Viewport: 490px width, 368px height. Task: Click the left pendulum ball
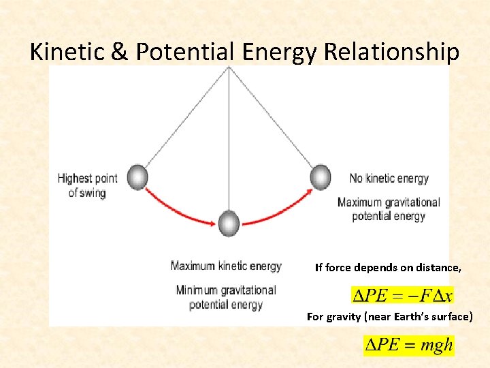(137, 177)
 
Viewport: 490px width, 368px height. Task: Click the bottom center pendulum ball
(229, 223)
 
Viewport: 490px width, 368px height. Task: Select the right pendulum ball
(320, 177)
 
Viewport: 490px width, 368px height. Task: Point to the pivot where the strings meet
(229, 67)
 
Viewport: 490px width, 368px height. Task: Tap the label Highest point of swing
(87, 185)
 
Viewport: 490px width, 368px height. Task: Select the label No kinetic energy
(389, 179)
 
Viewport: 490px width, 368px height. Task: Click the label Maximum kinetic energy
(226, 266)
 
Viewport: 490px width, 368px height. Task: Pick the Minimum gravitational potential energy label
(226, 297)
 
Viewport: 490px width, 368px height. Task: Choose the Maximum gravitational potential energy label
(389, 209)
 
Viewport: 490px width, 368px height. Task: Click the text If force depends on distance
(387, 268)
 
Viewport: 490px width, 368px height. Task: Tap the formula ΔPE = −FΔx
(402, 295)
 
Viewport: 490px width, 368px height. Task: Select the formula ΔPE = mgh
(408, 345)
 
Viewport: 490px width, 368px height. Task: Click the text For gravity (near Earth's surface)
(389, 316)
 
